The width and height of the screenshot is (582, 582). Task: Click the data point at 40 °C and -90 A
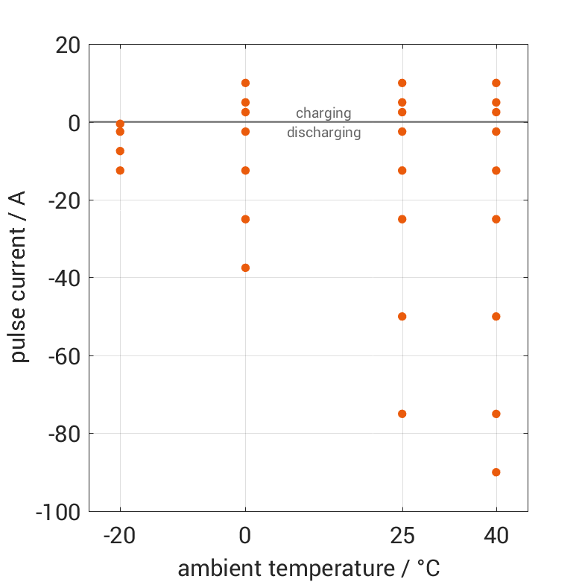[496, 472]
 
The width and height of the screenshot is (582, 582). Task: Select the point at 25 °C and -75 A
[402, 414]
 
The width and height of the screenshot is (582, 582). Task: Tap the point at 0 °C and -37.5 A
[245, 268]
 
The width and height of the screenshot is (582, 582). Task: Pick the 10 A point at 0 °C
[245, 83]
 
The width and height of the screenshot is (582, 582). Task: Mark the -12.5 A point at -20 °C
[120, 171]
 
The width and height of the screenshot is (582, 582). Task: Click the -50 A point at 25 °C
[402, 316]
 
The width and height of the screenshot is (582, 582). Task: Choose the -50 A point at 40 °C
[496, 316]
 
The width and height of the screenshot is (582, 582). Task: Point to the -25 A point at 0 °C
[245, 219]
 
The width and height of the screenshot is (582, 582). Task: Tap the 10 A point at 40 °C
[496, 83]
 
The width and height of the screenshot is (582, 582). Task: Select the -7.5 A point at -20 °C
[120, 151]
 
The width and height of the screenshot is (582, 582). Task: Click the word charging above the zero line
[323, 113]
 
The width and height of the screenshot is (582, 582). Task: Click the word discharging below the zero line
[323, 133]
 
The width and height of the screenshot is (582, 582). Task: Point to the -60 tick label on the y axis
[63, 356]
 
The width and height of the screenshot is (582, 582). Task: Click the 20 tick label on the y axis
[68, 45]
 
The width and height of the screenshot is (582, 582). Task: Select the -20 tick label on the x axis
[120, 536]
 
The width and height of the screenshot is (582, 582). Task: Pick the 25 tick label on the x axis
[402, 536]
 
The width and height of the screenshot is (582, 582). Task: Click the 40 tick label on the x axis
[496, 536]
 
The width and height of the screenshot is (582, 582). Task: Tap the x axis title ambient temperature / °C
[309, 569]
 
